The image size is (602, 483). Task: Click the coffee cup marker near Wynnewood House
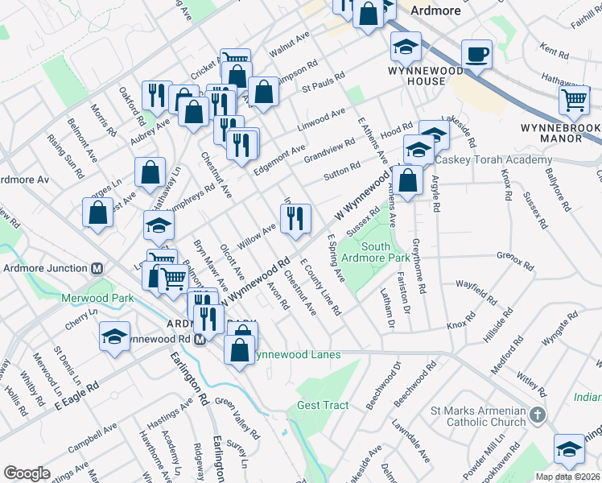coord(476,55)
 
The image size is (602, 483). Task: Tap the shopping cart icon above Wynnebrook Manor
coord(575,101)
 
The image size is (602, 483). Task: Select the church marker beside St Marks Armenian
coord(538,416)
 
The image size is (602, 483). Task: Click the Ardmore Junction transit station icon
coord(97,268)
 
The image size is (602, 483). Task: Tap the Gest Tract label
coord(320,405)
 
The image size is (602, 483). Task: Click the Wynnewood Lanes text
coord(296,354)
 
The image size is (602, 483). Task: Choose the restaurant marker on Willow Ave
coord(295,217)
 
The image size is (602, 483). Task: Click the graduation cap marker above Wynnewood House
coord(406,47)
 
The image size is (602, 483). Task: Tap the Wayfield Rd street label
coord(476,291)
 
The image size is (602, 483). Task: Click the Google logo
coord(27,473)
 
